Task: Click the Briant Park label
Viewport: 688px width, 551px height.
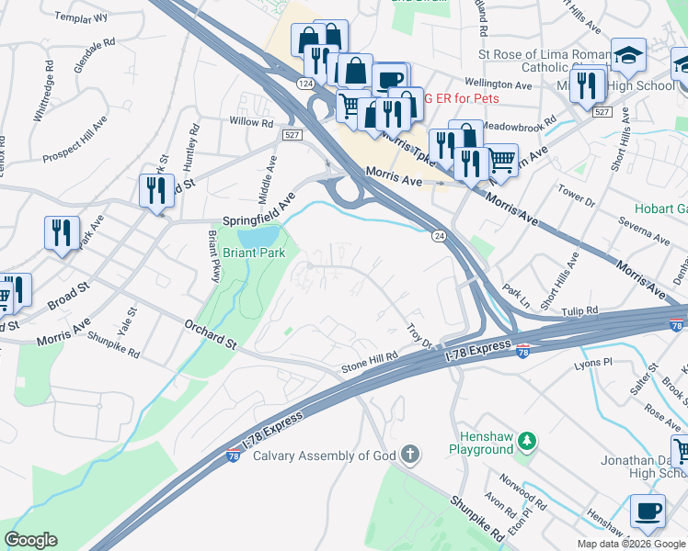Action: (255, 253)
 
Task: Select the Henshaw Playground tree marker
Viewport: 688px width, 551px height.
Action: (527, 442)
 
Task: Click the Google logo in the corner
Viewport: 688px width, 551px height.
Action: (30, 540)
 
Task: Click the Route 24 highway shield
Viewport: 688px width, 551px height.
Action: (440, 236)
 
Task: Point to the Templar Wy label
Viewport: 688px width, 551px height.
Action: (81, 17)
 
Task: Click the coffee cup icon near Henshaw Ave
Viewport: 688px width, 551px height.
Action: (648, 512)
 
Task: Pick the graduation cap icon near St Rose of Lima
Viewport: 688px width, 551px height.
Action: (629, 54)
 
